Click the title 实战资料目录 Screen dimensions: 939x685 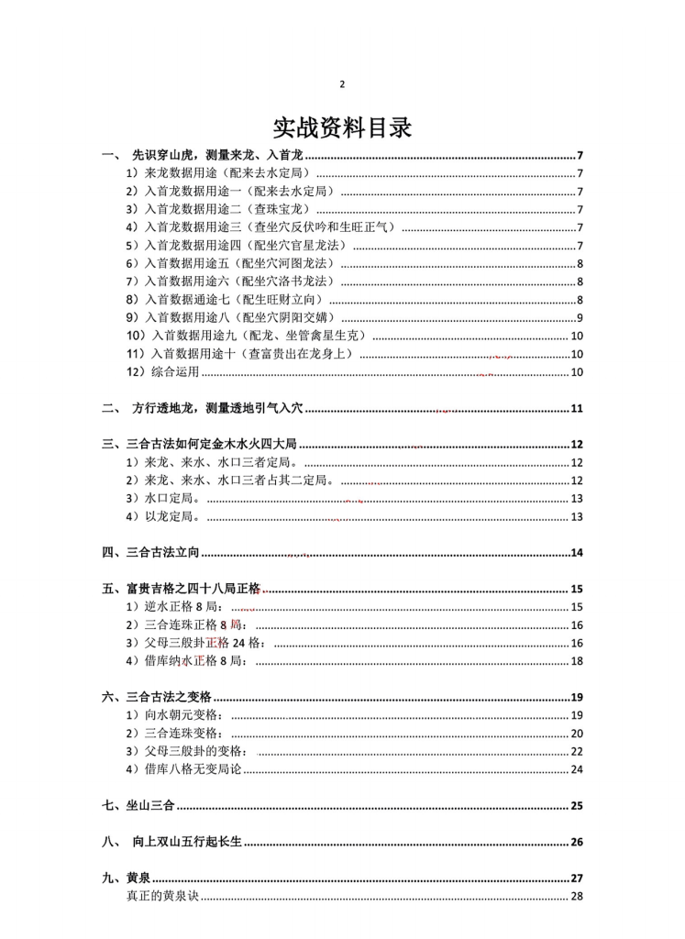click(342, 127)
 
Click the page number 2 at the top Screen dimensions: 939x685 click(342, 85)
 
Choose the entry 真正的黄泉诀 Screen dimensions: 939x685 click(161, 896)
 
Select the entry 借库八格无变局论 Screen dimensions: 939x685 click(183, 769)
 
